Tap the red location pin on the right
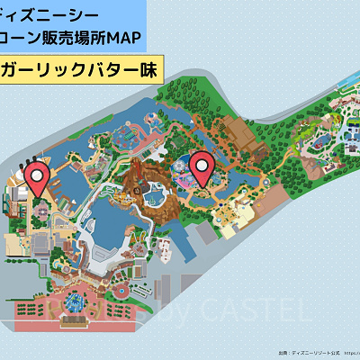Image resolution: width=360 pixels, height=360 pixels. click(x=202, y=167)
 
